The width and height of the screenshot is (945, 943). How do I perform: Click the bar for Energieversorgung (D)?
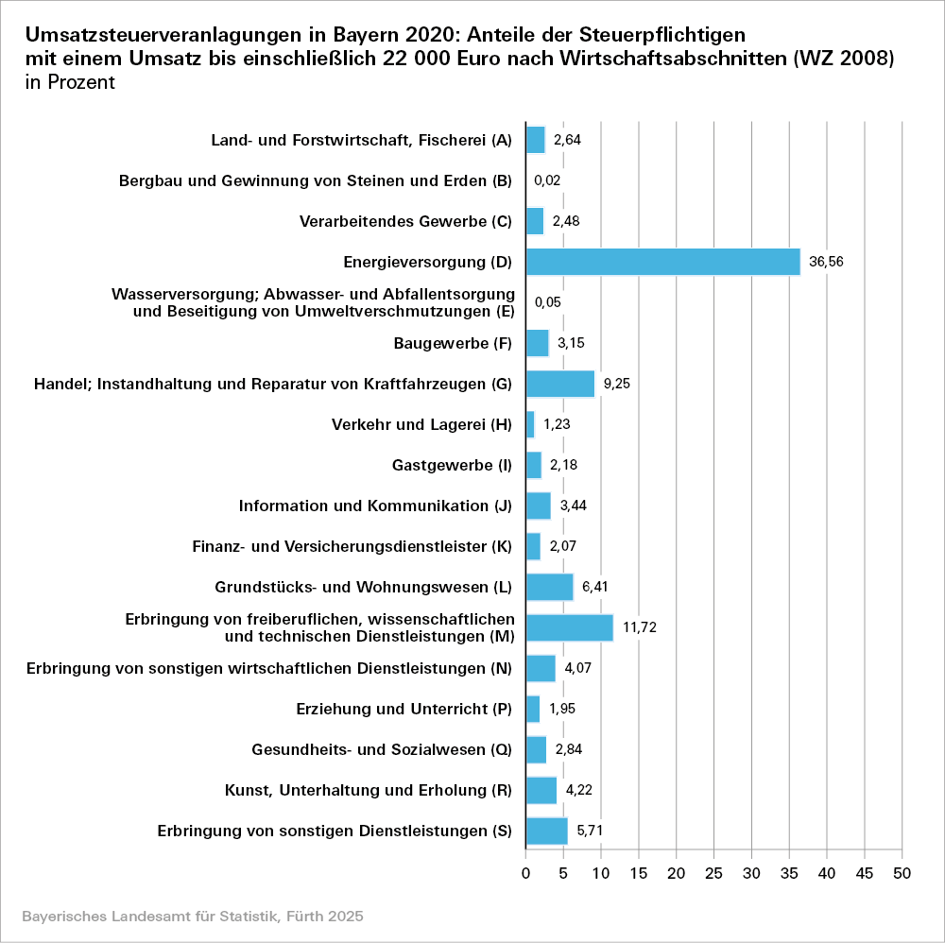(662, 262)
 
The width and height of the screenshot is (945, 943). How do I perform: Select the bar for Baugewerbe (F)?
(538, 343)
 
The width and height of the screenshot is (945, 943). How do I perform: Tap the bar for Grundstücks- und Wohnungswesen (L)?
(549, 587)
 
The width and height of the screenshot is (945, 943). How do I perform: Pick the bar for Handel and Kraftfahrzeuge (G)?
(560, 384)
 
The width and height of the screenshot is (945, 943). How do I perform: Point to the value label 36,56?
(824, 262)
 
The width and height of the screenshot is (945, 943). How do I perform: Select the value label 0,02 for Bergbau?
(548, 180)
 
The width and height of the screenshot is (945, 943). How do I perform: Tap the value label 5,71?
(591, 831)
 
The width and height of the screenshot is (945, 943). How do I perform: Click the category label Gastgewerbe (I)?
(452, 465)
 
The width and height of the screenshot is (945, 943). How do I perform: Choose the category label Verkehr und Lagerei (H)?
(421, 424)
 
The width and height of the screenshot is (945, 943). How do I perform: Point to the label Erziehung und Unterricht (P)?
(404, 709)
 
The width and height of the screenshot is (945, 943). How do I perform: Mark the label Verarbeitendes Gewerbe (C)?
(405, 221)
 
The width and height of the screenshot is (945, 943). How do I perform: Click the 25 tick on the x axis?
(714, 874)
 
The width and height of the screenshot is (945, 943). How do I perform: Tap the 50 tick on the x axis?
(902, 874)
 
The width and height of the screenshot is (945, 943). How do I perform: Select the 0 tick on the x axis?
(526, 874)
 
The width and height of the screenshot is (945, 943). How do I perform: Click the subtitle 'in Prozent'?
(71, 82)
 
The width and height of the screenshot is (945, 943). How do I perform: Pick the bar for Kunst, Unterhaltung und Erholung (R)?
(541, 790)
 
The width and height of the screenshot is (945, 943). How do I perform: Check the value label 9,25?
(617, 384)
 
